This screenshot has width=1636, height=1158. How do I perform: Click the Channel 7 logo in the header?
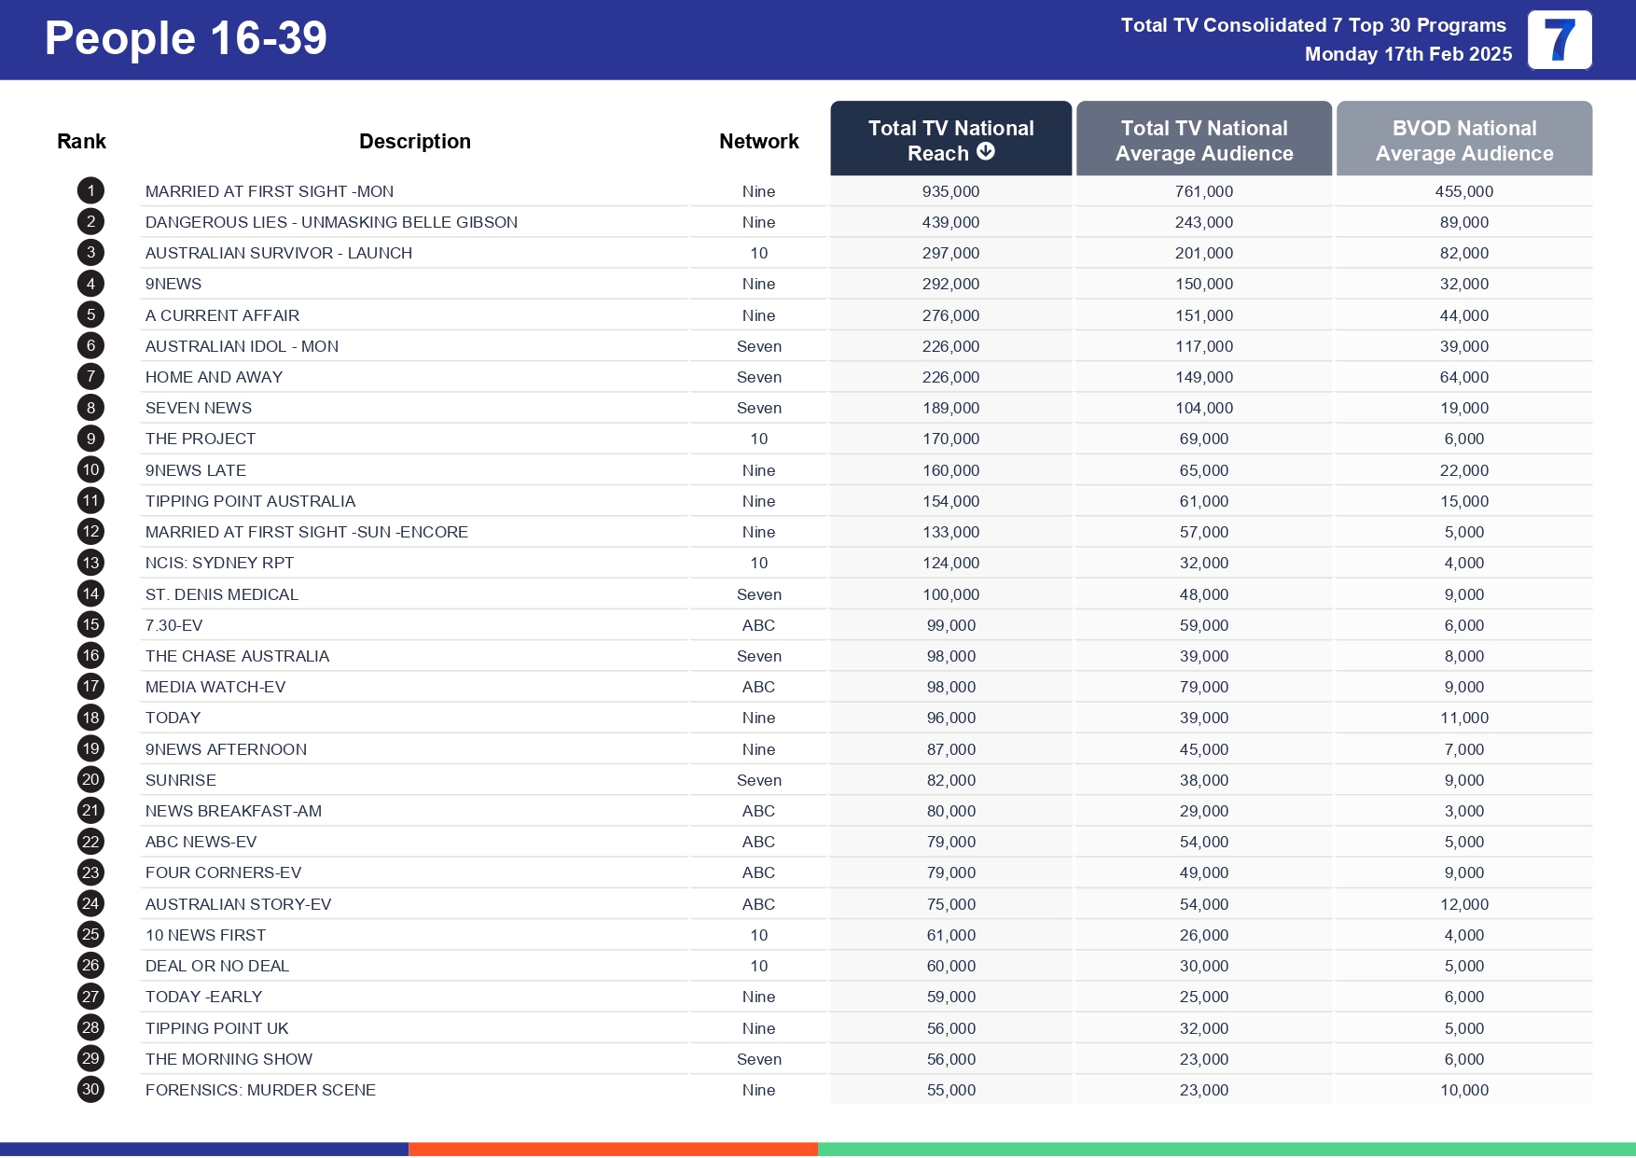1559,40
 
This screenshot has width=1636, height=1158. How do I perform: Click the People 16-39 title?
186,39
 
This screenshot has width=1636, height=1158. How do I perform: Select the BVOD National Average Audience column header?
1463,140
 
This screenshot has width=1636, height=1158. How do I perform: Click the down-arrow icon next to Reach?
986,151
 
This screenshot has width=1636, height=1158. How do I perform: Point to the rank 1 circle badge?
90,191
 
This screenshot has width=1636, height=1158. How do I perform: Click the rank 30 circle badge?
90,1089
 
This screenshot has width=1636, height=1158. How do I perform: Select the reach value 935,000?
950,191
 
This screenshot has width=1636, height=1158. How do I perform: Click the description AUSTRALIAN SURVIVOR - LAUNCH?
278,253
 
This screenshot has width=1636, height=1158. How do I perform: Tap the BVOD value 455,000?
1463,191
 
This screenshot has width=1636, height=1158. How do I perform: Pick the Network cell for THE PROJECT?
758,439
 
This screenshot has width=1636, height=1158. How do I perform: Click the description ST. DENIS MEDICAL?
221,594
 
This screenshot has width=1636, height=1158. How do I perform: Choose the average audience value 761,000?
1203,191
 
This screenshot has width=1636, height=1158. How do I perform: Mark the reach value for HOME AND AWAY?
950,377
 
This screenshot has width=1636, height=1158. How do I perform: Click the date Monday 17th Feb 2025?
1407,54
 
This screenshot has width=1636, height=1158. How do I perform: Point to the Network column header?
758,141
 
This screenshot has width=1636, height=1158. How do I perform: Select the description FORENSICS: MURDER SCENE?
260,1090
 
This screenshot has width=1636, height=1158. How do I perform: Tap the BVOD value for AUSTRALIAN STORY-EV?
1463,904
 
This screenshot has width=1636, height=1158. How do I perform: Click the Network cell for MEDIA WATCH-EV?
758,687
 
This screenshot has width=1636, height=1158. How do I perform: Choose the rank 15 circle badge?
90,624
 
